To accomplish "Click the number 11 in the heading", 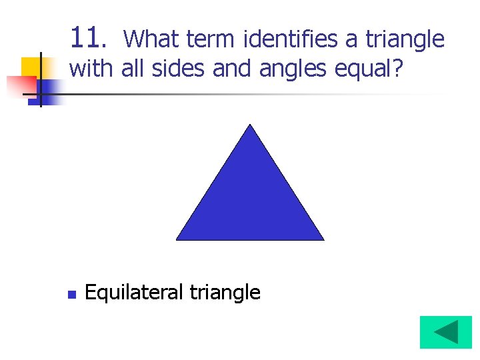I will click(85, 39).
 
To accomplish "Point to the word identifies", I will click(291, 40).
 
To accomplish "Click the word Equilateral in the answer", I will click(134, 293).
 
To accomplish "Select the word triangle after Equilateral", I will click(225, 293).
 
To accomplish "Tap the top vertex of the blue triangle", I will click(250, 125).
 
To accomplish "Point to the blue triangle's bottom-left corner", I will click(177, 239).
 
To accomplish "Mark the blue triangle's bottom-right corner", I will click(323, 239).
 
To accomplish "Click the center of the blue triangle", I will click(250, 200).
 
